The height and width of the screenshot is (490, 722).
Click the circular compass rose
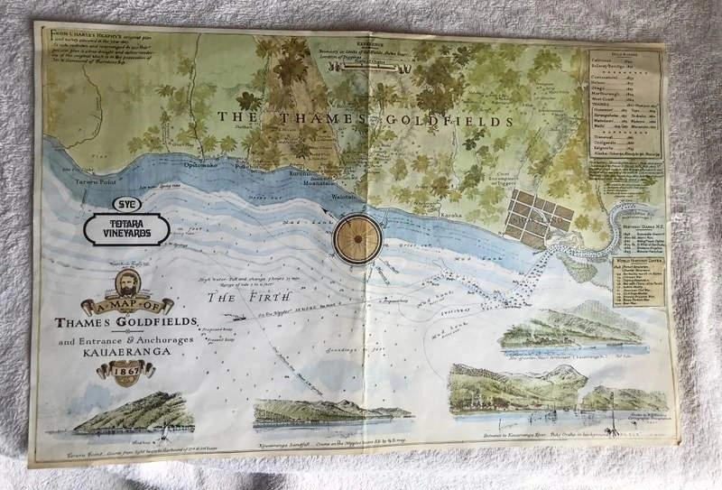click(x=357, y=238)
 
